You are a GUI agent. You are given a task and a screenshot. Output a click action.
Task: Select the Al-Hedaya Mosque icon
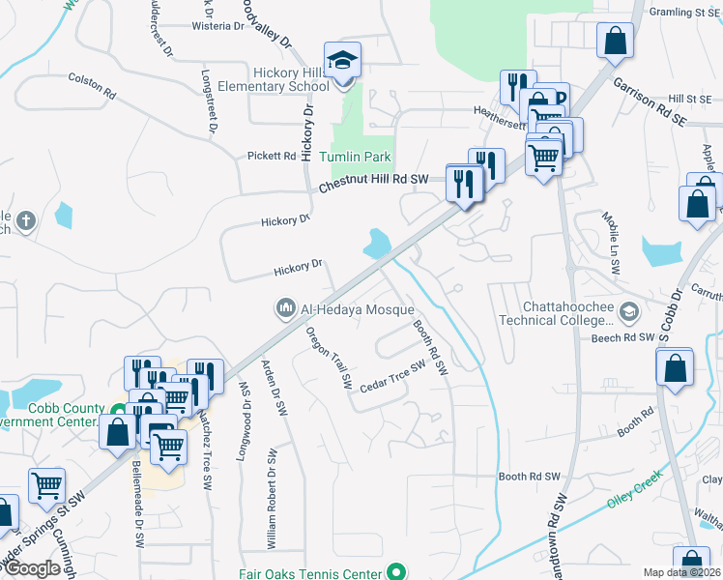pyautogui.click(x=285, y=308)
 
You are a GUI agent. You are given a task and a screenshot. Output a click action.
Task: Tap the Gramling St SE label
pyautogui.click(x=686, y=13)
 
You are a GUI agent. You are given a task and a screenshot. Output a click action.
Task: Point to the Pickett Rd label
pyautogui.click(x=271, y=155)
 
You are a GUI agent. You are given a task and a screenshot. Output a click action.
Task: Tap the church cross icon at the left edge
pyautogui.click(x=26, y=220)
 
